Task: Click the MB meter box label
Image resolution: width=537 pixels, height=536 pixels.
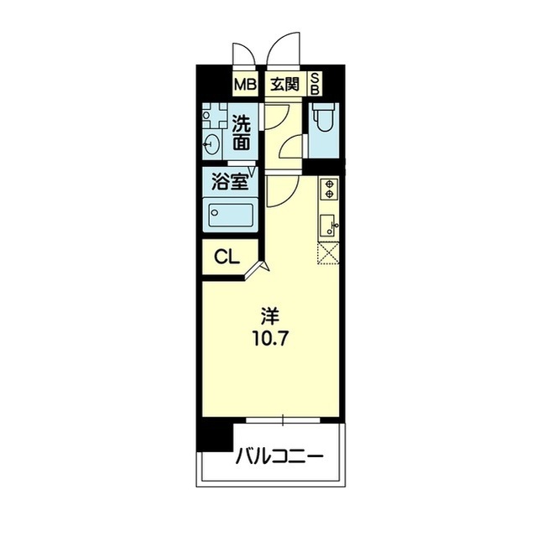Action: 245,85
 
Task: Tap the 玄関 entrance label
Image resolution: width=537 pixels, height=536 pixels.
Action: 285,84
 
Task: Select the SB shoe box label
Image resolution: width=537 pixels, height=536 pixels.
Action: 315,85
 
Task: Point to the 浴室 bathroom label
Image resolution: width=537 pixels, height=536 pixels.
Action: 229,181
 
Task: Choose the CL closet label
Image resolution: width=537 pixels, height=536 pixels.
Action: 227,257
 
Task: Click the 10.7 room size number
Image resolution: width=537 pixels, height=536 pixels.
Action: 270,339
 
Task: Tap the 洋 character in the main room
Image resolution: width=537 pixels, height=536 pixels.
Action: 270,316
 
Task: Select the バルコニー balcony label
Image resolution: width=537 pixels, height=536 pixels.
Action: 279,456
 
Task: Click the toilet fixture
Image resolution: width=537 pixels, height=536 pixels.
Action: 324,118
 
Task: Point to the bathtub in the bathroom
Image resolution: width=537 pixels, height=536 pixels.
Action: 231,215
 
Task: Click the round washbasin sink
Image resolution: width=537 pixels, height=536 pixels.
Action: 211,144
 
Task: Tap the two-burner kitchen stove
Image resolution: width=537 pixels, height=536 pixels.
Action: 330,189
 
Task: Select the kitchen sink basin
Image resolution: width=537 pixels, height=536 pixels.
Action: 328,225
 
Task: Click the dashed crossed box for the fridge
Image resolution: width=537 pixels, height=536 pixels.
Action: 328,253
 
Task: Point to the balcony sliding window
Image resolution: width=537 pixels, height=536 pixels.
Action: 283,419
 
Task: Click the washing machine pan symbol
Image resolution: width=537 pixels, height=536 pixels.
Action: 215,116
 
